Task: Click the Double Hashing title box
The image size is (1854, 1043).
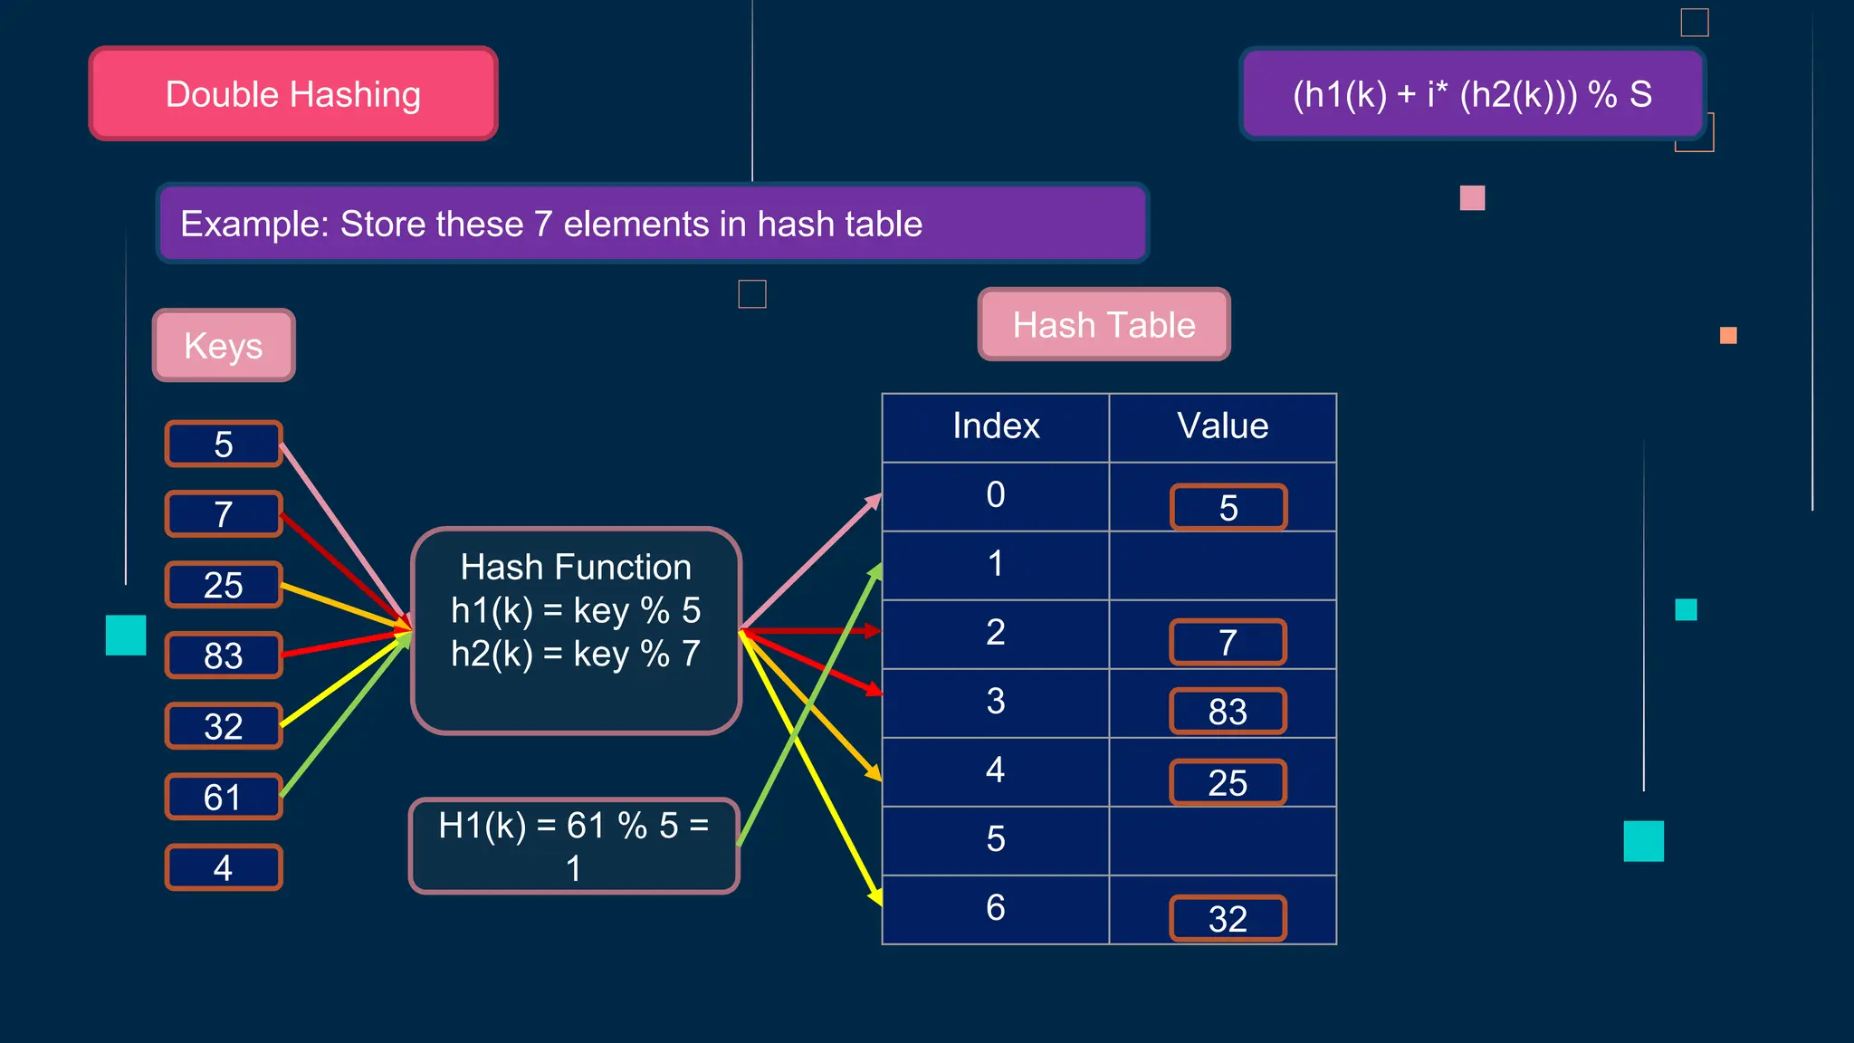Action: tap(293, 94)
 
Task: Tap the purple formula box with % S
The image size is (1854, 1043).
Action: tap(1472, 94)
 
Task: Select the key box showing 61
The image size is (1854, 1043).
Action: tap(224, 797)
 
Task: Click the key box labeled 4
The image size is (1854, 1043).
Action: tap(224, 867)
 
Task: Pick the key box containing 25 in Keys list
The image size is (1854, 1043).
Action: tap(224, 585)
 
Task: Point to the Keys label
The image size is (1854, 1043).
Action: tap(224, 345)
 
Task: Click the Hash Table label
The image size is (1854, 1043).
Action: tap(1104, 324)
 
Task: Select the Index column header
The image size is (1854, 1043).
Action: tap(996, 426)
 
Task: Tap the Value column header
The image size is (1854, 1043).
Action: tap(1222, 426)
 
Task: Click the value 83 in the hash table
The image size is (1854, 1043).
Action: tap(1228, 712)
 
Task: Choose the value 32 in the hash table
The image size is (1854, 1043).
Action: tap(1228, 919)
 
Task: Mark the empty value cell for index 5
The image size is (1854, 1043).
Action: tap(1222, 840)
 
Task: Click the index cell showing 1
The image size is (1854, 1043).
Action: tap(996, 565)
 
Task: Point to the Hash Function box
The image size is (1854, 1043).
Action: tap(576, 630)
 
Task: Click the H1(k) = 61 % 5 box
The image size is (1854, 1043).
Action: tap(574, 846)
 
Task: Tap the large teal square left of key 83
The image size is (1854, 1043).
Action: tap(126, 635)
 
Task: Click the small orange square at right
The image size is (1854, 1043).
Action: tap(1728, 336)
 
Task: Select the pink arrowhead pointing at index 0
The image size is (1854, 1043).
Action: tap(874, 500)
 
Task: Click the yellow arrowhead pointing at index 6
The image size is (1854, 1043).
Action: tap(875, 896)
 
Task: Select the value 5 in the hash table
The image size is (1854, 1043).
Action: tap(1228, 508)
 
